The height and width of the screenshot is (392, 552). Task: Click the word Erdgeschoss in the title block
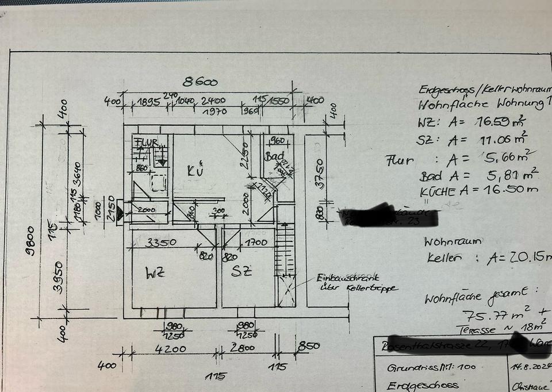click(423, 385)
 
